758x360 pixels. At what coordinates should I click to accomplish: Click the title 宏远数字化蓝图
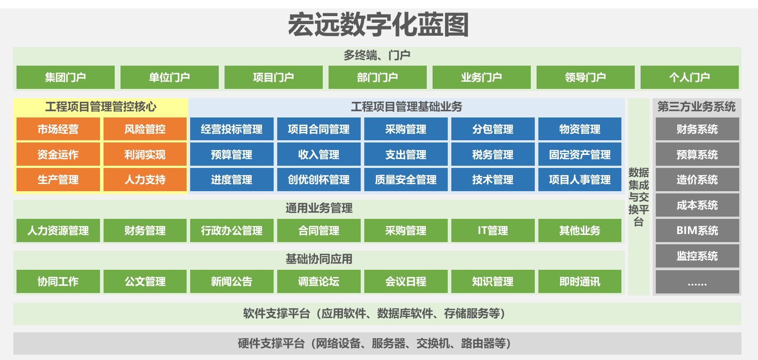coord(378,25)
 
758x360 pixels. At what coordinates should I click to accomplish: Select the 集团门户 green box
coord(66,77)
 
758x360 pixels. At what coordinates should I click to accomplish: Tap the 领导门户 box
coord(585,77)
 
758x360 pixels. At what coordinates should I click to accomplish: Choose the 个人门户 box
coord(689,77)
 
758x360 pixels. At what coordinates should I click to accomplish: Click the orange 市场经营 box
coord(58,129)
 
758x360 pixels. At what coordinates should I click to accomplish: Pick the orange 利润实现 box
coord(145,155)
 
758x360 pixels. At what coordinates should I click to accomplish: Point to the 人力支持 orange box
coord(145,180)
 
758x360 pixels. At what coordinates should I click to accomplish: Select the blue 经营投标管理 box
coord(232,129)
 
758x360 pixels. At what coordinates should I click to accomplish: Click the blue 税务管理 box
coord(493,155)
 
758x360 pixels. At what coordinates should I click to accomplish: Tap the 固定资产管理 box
coord(580,155)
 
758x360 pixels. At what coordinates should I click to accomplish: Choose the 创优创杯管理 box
coord(319,180)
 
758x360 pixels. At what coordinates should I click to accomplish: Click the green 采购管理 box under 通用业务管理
coord(406,230)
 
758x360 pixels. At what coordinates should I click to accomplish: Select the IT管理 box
coord(493,230)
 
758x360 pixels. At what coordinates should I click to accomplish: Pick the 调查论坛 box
coord(319,281)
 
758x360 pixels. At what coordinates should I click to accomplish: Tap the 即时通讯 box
coord(580,281)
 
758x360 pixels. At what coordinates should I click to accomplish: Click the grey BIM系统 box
coord(697,230)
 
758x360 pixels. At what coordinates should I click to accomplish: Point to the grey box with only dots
coord(697,282)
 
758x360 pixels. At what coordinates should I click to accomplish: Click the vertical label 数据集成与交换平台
coord(638,197)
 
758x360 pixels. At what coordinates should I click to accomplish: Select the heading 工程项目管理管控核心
coord(101,107)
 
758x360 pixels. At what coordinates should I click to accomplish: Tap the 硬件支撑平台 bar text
coord(375,343)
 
